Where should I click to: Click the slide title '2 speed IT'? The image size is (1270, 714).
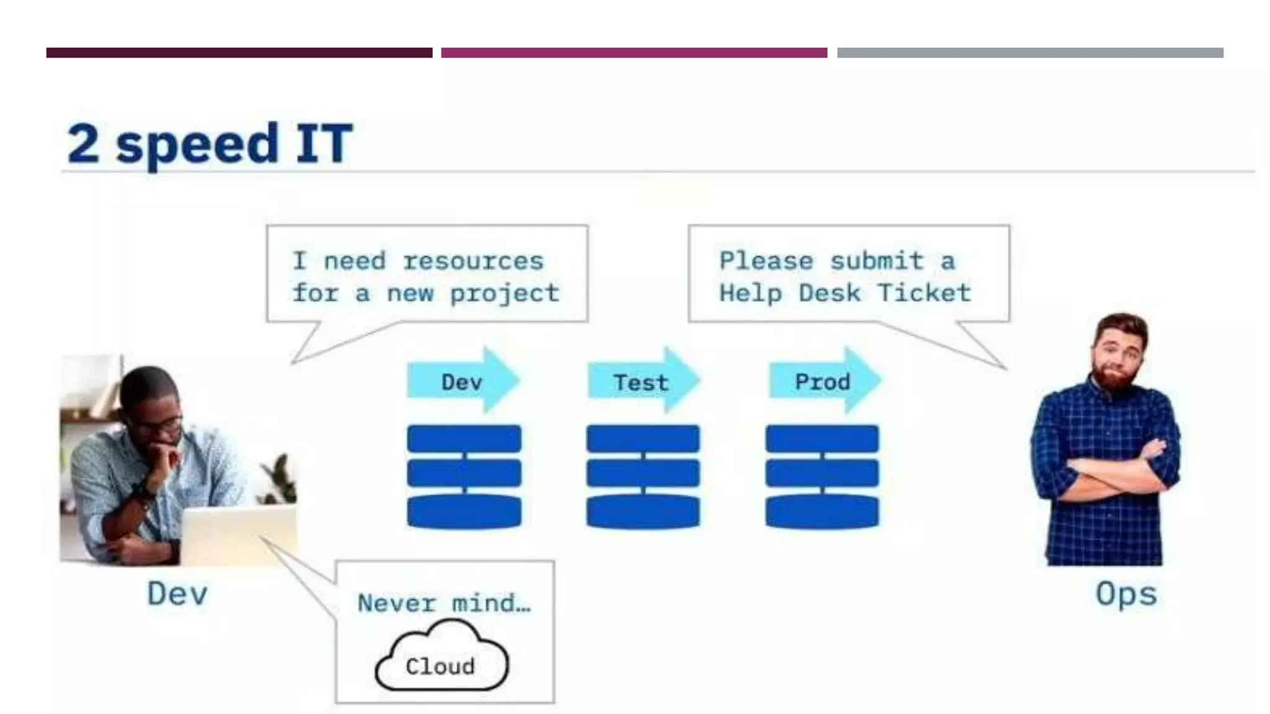click(x=210, y=144)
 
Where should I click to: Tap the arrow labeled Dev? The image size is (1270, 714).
click(x=463, y=381)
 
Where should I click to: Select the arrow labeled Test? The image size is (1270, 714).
click(x=642, y=381)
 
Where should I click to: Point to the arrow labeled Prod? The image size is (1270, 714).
click(x=824, y=381)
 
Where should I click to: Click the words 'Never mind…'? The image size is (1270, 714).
click(x=444, y=602)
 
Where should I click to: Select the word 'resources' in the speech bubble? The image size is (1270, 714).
click(x=473, y=261)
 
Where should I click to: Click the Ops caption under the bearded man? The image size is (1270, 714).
click(x=1126, y=594)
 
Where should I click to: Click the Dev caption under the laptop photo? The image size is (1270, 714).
click(x=177, y=594)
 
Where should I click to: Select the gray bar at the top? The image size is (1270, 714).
click(x=1029, y=53)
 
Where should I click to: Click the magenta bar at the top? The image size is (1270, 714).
click(x=634, y=53)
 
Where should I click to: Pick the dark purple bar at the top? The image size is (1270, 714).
click(x=239, y=53)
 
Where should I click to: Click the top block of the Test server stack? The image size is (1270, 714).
click(x=643, y=438)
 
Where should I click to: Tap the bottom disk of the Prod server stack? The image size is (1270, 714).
click(x=822, y=511)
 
